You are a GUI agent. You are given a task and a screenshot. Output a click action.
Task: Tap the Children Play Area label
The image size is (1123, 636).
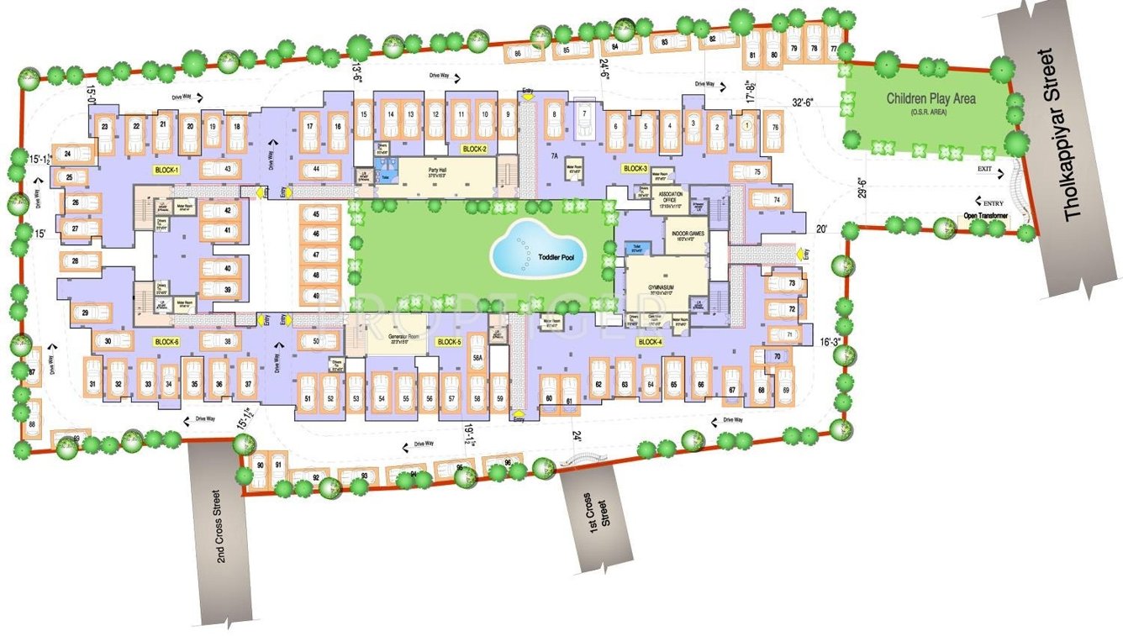[931, 99]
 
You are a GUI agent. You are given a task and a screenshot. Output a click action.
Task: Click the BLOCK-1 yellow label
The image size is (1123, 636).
[166, 170]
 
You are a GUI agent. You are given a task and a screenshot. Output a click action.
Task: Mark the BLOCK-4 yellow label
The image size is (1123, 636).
[650, 342]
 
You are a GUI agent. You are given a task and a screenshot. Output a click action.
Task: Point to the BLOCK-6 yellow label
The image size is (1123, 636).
[166, 342]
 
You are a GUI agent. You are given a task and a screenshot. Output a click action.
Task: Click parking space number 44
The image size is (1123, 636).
[315, 169]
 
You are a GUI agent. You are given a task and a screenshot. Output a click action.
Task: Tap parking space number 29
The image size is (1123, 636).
[85, 314]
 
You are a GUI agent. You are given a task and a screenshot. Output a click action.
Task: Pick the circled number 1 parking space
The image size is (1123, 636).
[745, 124]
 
